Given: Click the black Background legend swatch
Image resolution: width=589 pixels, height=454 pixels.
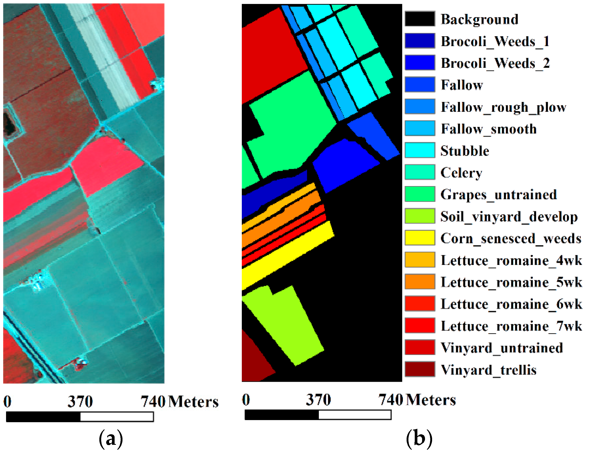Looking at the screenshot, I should pos(420,19).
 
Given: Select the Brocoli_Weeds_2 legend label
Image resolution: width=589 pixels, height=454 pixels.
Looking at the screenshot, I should pos(495,63).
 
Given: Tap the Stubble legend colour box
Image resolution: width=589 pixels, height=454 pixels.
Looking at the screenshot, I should pos(420,150).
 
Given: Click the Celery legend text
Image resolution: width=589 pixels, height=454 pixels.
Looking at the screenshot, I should pos(461,173).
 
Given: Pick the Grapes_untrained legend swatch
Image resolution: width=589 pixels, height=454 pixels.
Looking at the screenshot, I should pos(420,194).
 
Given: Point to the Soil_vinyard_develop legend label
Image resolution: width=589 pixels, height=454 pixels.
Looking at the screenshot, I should pos(509,216).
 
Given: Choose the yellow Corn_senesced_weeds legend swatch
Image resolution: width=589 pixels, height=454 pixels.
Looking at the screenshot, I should pos(420,238).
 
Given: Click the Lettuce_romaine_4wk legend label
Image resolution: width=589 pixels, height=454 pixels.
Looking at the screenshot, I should pos(511,260).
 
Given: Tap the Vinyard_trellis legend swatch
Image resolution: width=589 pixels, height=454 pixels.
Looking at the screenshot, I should pos(420,369).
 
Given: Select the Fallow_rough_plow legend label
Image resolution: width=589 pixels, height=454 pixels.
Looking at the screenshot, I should pos(503,107).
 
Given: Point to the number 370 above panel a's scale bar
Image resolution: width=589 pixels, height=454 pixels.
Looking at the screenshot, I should pos(80,401).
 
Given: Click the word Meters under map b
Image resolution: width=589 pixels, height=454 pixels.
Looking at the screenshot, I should pos(431,400).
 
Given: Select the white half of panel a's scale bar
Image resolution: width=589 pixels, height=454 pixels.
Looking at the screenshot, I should pos(116,417).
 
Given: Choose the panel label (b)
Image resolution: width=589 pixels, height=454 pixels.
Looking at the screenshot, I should pos(419,439).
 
